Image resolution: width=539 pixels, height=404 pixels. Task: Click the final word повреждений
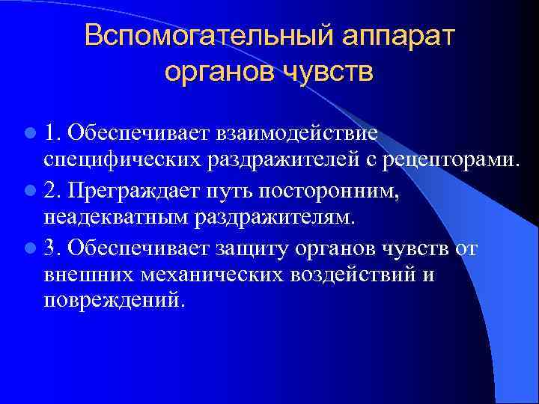click(x=112, y=301)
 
